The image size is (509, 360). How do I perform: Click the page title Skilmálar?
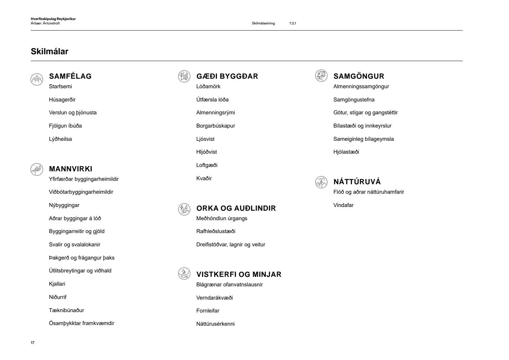pos(50,52)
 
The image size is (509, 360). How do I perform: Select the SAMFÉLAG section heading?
pos(70,76)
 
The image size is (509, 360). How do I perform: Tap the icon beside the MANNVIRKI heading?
pos(37,169)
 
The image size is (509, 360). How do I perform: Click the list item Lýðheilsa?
pos(60,139)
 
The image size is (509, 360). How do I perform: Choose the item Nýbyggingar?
pos(64,205)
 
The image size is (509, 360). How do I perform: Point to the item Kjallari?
pos(57,284)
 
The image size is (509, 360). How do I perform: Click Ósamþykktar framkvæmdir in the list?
pos(81,323)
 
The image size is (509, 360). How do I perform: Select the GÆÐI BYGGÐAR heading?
pos(227,76)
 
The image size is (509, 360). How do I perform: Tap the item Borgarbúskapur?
pos(215,126)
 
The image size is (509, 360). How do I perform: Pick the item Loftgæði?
pos(207,165)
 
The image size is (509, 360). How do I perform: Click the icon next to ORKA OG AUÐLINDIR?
pos(184,209)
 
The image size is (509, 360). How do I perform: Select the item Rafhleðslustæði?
pos(215,231)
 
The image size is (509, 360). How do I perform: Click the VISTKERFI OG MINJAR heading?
pos(239,274)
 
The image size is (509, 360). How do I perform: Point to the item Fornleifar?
pos(208,311)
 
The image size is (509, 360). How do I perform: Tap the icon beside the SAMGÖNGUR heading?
pos(321,76)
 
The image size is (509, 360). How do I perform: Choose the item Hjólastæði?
pos(346,152)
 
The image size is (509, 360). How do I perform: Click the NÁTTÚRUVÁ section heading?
pos(357,182)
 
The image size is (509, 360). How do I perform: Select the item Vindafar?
pos(343,205)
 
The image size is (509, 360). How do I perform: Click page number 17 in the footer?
pos(33,343)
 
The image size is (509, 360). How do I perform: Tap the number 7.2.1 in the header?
pos(293,23)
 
